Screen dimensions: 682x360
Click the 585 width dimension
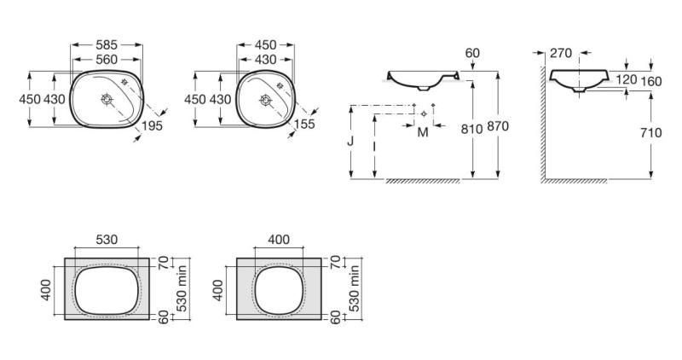(107, 45)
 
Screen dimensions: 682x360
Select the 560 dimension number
(107, 59)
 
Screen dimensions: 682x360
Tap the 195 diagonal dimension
(153, 125)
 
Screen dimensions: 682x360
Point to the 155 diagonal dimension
(304, 124)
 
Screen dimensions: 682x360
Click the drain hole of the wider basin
(107, 99)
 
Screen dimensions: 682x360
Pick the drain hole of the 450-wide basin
(265, 100)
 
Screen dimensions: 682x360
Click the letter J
(351, 141)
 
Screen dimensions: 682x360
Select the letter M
(423, 132)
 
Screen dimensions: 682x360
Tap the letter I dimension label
(374, 146)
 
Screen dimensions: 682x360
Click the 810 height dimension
(472, 129)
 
